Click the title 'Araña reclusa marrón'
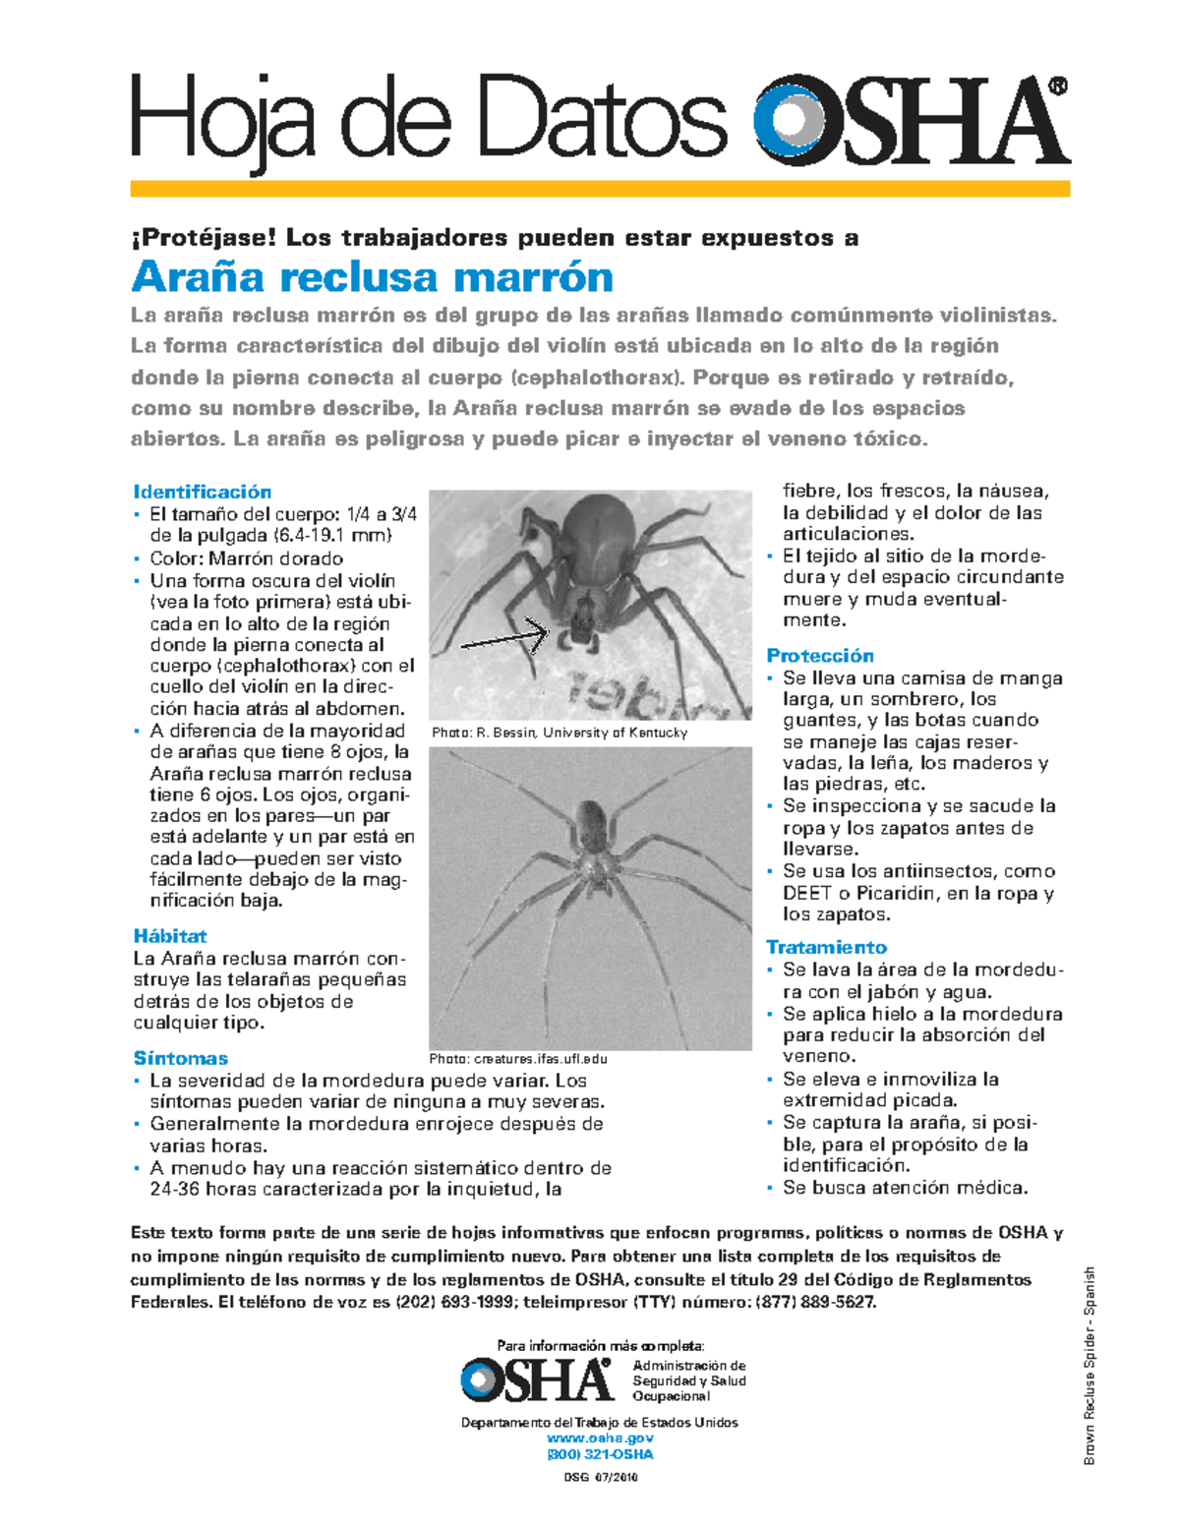[373, 277]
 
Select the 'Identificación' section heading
[202, 492]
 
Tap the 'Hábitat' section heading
[170, 936]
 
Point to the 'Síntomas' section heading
[181, 1058]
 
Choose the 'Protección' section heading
[820, 655]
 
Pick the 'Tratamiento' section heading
[826, 947]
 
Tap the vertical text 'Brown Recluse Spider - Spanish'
[1090, 1367]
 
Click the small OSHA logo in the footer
[537, 1380]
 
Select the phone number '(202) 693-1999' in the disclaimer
[455, 1302]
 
